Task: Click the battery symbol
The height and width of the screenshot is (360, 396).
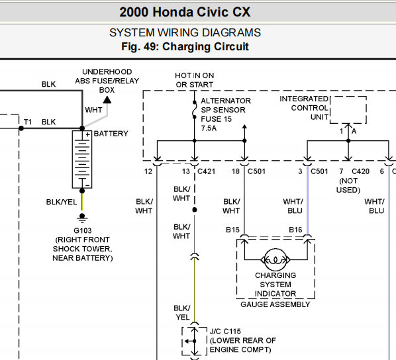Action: click(82, 159)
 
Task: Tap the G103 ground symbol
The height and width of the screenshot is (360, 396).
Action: click(82, 218)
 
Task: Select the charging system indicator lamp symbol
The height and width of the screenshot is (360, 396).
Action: click(275, 259)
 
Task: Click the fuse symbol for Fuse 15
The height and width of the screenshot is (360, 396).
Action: click(195, 110)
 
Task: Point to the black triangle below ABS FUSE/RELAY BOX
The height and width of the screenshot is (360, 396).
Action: click(107, 100)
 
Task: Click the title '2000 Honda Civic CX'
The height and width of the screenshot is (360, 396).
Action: click(185, 12)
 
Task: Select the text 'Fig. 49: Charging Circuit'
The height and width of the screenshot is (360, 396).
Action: click(185, 47)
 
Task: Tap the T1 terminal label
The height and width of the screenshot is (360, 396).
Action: click(28, 122)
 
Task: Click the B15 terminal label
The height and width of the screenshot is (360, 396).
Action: click(232, 230)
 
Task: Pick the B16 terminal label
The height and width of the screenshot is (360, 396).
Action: click(295, 230)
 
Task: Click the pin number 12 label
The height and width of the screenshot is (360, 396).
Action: click(148, 171)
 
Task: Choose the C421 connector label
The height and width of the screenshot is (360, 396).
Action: click(207, 171)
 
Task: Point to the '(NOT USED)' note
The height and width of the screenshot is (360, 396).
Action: click(348, 185)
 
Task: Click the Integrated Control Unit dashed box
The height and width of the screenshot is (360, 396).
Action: click(348, 96)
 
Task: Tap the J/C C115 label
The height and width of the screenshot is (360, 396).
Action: click(225, 332)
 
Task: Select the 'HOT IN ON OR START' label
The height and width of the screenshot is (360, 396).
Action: click(195, 80)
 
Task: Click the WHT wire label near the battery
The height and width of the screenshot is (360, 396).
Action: click(93, 110)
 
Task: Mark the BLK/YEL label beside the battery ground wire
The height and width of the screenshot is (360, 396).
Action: click(62, 202)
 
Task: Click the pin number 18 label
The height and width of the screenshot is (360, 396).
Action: click(236, 171)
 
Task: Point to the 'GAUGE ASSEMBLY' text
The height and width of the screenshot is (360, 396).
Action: click(275, 304)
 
